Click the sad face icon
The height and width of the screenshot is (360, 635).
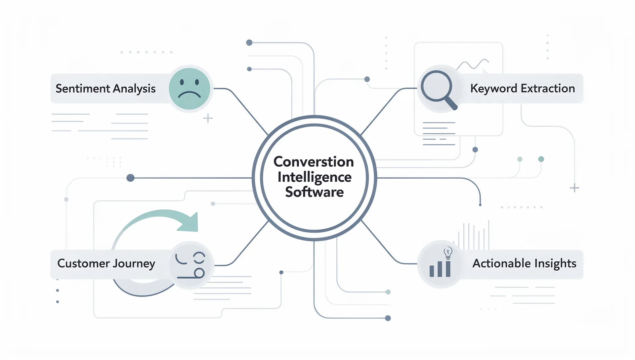pos(189,89)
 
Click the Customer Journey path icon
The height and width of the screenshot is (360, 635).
pos(190,265)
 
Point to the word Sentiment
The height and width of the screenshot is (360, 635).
pos(83,89)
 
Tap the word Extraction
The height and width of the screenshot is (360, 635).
pos(548,89)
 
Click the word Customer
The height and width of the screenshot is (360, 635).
pos(83,263)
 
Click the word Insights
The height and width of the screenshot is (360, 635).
pos(555,263)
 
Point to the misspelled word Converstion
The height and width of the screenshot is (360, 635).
pos(314,162)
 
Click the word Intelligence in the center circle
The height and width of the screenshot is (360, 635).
pos(314,177)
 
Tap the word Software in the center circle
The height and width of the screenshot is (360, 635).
pos(314,192)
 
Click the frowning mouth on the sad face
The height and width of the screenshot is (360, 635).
pos(189,95)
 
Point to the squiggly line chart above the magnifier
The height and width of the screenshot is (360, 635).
pos(473,64)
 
